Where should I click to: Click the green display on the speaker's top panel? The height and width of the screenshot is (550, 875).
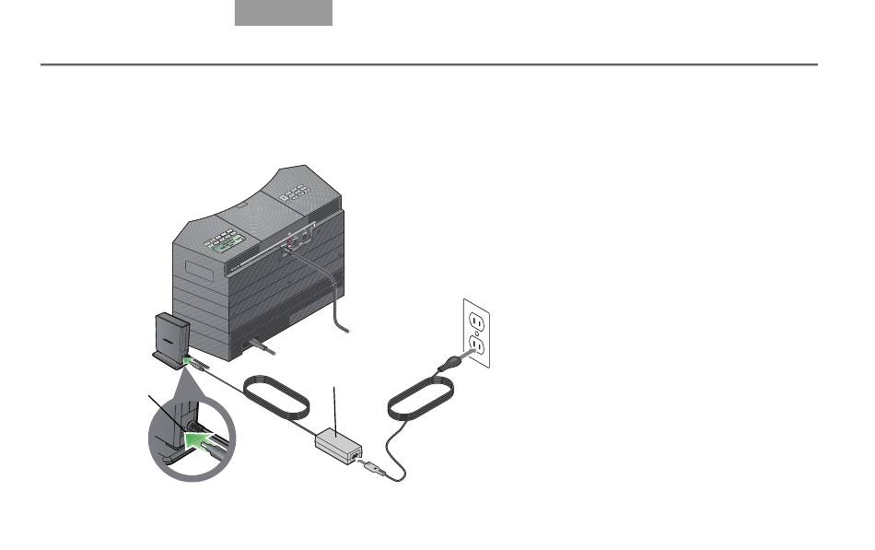222,242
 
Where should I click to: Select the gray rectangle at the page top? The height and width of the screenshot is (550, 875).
283,13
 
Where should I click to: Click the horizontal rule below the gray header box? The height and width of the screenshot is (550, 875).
429,64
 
